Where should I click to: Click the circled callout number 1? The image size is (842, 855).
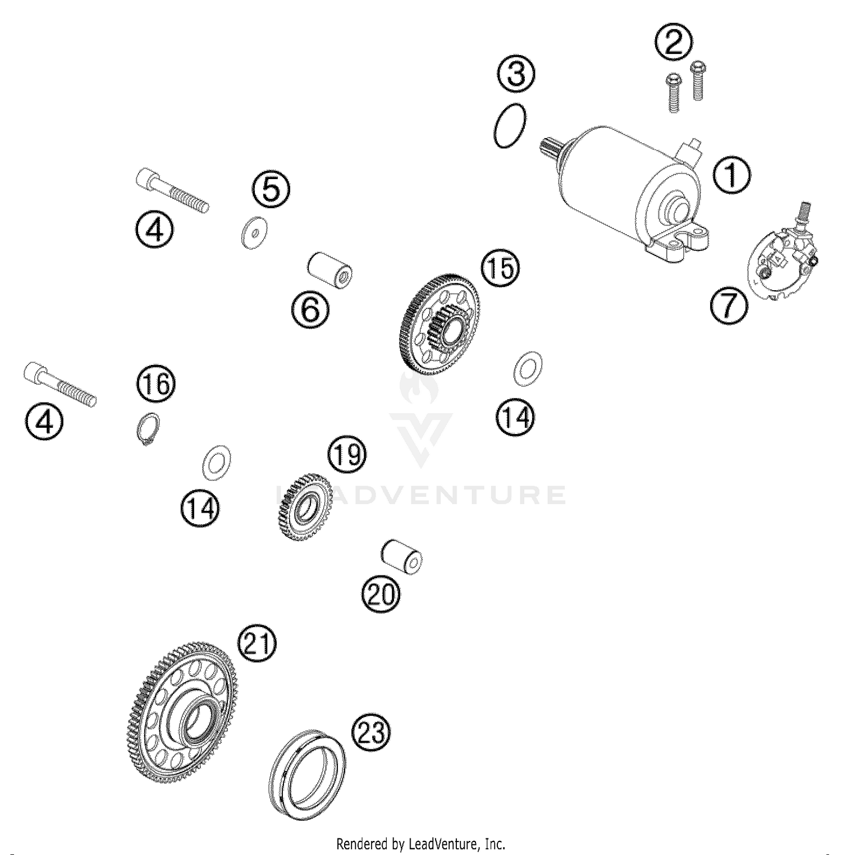[731, 176]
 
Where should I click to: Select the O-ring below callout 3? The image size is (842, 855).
[510, 126]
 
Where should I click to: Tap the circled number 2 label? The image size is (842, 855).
[673, 43]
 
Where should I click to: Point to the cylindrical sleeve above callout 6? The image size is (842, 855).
[331, 272]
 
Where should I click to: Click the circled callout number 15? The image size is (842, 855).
[500, 268]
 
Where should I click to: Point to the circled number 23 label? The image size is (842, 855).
[370, 733]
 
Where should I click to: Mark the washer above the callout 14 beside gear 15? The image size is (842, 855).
[528, 369]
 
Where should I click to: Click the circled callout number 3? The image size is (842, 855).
[516, 74]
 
